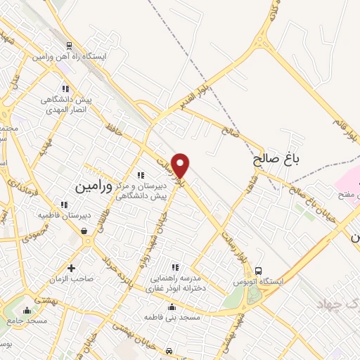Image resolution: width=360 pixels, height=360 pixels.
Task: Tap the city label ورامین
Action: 93,186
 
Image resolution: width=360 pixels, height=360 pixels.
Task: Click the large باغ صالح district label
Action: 276,160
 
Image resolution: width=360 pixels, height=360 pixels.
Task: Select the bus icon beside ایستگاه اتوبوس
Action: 259,270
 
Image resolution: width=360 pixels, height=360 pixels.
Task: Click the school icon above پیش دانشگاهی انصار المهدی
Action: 65,89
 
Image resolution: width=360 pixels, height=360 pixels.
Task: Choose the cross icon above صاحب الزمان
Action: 71,267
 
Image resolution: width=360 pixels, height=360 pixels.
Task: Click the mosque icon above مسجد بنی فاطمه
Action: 172,307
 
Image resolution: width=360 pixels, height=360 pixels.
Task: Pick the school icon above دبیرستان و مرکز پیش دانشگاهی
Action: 141,175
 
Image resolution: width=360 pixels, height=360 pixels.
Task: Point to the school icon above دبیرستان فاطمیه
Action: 65,205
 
